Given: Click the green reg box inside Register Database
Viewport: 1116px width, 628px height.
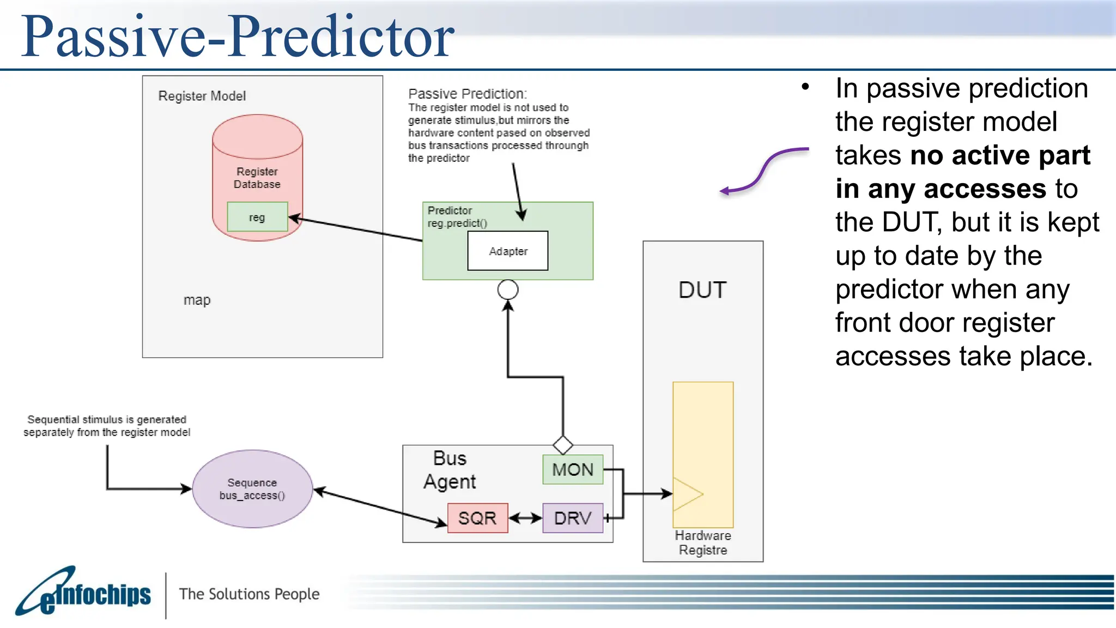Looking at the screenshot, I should [257, 217].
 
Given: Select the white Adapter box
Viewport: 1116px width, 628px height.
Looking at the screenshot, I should [508, 251].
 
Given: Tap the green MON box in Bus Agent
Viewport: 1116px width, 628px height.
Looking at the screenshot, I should [573, 469].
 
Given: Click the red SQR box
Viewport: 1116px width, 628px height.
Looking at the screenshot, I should [477, 518].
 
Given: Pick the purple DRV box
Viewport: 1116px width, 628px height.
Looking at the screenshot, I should [573, 518].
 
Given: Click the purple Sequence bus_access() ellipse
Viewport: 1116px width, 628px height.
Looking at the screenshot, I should [252, 489].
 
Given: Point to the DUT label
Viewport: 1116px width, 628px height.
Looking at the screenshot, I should [702, 290].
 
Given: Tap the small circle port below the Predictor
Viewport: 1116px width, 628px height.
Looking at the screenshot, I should [508, 289].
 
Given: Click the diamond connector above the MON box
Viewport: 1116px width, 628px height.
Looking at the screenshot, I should [563, 445].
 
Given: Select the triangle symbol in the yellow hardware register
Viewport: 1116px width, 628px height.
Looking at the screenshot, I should [686, 494].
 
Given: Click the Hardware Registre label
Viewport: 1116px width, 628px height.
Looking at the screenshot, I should [703, 542].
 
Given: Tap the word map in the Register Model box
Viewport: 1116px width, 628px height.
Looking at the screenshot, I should [197, 300].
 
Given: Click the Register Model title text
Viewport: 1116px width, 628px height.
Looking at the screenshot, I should [202, 96].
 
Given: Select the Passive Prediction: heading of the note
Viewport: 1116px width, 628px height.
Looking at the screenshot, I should [468, 94].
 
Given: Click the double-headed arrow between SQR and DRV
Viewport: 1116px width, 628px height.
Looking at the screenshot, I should [525, 518].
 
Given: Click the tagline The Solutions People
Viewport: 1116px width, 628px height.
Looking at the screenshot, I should [249, 594].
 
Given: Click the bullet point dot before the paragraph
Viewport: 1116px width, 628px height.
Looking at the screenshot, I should [805, 87].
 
